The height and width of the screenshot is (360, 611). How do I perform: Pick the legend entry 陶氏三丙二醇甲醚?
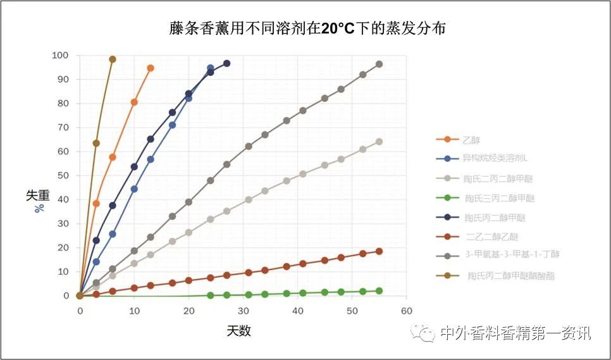click(500, 198)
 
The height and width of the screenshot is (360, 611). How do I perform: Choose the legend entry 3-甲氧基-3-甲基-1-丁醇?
click(512, 254)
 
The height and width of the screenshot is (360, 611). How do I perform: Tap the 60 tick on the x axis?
click(406, 311)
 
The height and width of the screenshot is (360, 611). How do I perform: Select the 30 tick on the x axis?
click(243, 311)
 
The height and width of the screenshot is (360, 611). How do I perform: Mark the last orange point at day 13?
click(151, 68)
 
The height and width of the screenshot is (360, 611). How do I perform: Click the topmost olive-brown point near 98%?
click(113, 59)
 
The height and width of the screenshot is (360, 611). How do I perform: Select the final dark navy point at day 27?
click(226, 63)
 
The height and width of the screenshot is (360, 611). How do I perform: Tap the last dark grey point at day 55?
click(379, 64)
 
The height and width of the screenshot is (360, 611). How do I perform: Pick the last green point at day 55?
click(379, 291)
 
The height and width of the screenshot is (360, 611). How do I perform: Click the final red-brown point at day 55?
click(379, 251)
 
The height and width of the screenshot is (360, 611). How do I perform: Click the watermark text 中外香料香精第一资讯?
click(515, 333)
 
